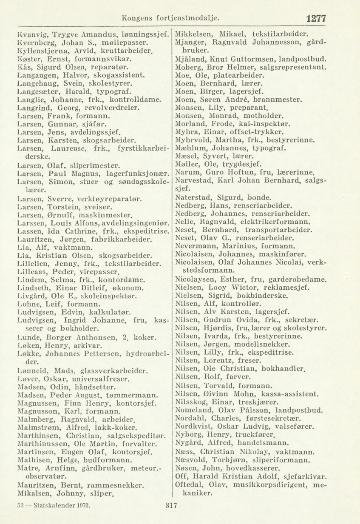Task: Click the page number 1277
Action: [315, 18]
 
